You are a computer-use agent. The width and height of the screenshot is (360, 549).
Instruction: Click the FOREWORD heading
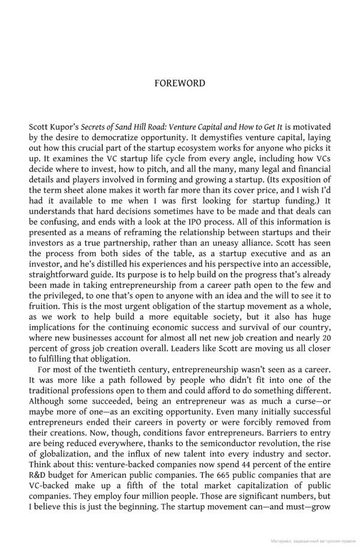click(x=179, y=83)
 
